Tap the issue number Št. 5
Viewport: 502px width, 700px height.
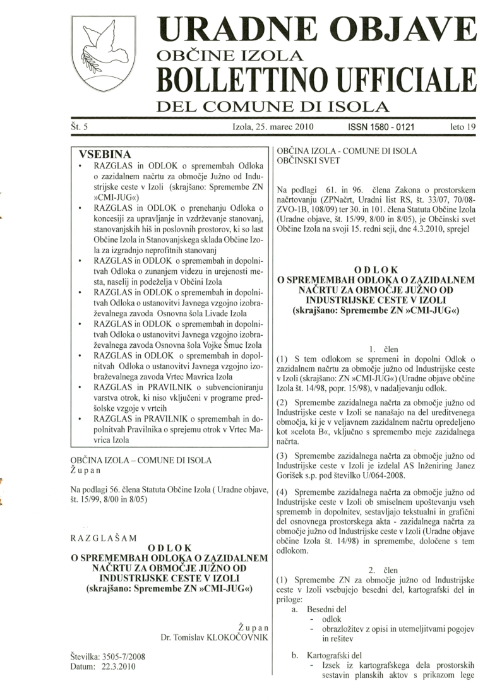80,127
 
